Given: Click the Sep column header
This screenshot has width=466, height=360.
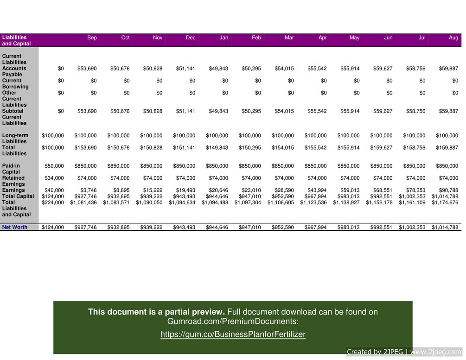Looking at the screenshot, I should (x=92, y=38).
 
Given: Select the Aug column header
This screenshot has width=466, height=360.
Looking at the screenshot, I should (x=453, y=38).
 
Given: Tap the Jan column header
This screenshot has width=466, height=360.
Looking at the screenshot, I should (x=223, y=38).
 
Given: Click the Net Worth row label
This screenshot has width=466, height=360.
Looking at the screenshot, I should (x=15, y=227).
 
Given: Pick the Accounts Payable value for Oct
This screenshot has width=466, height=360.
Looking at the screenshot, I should (x=120, y=69).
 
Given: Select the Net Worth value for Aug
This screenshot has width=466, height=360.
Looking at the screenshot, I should (x=445, y=227).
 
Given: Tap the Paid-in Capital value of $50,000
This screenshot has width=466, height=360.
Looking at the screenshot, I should (x=54, y=166).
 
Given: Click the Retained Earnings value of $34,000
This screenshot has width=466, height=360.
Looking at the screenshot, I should (x=54, y=178).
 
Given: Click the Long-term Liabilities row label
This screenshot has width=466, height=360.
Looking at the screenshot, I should (x=15, y=138).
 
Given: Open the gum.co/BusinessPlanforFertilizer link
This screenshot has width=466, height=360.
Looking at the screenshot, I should (x=233, y=335).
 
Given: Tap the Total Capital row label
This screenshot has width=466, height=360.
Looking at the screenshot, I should (x=18, y=196).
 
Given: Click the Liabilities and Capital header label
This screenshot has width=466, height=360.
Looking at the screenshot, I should (x=16, y=40).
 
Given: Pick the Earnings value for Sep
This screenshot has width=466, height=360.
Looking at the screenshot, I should (x=87, y=190).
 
